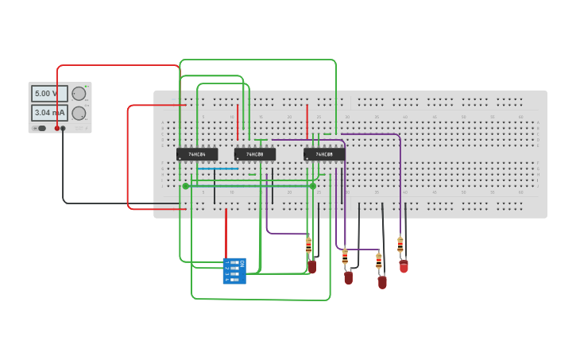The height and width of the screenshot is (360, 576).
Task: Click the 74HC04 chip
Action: coord(197,154)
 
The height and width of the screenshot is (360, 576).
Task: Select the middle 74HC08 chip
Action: coord(255,154)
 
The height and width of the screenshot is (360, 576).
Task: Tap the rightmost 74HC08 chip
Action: coord(324,154)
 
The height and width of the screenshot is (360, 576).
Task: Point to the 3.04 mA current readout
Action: coord(49,113)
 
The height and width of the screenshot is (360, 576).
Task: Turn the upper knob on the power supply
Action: coord(79,94)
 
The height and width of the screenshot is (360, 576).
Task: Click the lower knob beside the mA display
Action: coord(79,113)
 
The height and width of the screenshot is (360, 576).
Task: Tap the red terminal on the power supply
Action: coord(57,128)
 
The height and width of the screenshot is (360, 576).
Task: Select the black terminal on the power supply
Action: coord(64,128)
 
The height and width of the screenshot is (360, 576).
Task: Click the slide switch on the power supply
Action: coord(41,128)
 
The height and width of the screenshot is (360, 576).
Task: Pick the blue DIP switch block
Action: coord(234,271)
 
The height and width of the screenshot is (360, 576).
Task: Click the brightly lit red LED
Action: coord(404,266)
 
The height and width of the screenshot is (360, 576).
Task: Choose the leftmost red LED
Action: coord(312,267)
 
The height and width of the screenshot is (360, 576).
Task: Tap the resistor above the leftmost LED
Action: coord(309,245)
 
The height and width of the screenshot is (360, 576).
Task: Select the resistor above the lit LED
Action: coord(400,245)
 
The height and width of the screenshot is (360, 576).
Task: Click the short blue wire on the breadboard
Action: coord(218,168)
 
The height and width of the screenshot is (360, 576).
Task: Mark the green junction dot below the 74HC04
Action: coord(186,186)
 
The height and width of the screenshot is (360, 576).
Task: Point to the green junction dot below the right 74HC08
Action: coord(313,186)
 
